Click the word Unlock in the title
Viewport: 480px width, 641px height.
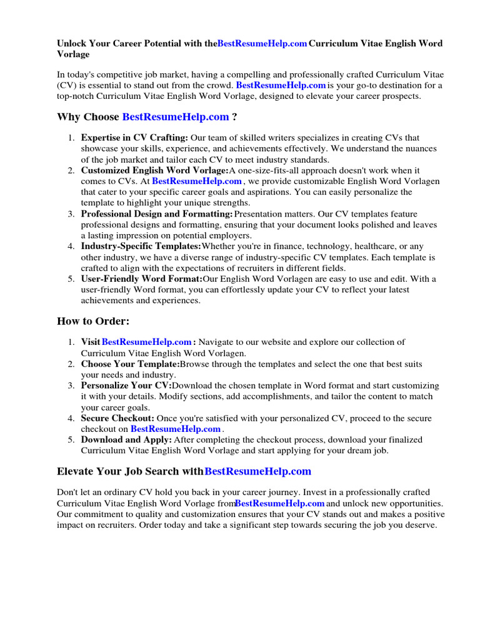(x=72, y=44)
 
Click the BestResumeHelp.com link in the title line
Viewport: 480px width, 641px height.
(x=262, y=44)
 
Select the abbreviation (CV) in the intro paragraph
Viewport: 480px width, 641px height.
(x=67, y=85)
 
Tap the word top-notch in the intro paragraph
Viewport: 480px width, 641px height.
(x=76, y=96)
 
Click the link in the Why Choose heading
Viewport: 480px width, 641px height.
(x=176, y=117)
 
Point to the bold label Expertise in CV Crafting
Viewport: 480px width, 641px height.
(x=134, y=138)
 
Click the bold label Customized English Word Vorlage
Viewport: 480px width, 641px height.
(x=155, y=170)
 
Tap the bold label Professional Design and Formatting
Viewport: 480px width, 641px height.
(x=157, y=214)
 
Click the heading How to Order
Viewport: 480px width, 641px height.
(x=93, y=321)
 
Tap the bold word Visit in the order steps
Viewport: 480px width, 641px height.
(x=91, y=342)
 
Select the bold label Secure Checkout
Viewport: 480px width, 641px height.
(x=117, y=418)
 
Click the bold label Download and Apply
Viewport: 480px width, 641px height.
(x=126, y=439)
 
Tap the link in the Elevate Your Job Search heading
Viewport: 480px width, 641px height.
(x=257, y=471)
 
